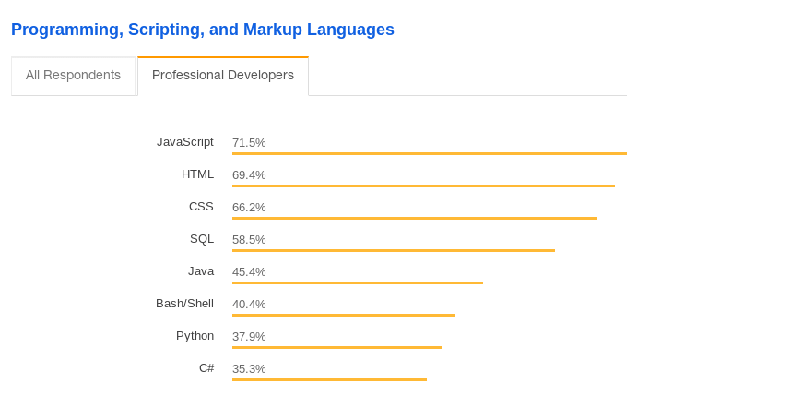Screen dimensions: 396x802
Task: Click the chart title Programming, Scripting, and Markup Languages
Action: (203, 30)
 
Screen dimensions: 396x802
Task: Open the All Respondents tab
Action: (73, 76)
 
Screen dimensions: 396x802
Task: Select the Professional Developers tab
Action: (223, 76)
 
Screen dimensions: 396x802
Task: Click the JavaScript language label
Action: (185, 142)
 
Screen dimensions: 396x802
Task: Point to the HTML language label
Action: (197, 174)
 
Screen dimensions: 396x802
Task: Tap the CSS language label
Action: (201, 207)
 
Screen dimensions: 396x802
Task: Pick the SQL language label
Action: (202, 239)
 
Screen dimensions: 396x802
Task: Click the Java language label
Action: (201, 271)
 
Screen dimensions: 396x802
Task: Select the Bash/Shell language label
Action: (184, 304)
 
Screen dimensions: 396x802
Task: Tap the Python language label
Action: (195, 336)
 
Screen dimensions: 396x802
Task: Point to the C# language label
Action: (206, 368)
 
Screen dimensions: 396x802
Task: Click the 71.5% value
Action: (249, 143)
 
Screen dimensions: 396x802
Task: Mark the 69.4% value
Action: (249, 175)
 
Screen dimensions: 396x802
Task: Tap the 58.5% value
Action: (249, 240)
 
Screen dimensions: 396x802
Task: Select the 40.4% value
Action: (249, 305)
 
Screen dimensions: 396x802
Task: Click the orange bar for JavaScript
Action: (430, 153)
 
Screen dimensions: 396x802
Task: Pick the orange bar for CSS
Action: (415, 218)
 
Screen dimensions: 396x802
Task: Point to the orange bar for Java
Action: (358, 282)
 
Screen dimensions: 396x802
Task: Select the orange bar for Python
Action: (336, 347)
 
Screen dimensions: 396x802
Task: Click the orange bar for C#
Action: (329, 379)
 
